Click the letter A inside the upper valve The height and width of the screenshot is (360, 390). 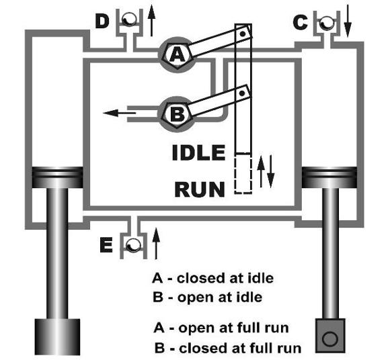tap(177, 55)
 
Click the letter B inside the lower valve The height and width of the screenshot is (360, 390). tap(177, 115)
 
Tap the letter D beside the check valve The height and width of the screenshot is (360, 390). tap(102, 21)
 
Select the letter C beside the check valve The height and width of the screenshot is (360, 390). tap(300, 22)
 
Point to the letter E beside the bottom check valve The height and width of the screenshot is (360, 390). tap(106, 244)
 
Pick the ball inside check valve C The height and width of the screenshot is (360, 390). tap(327, 23)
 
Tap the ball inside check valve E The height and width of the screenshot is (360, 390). tap(133, 245)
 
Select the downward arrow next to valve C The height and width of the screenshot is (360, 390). tap(348, 21)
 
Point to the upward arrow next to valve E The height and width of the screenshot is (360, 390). tap(156, 243)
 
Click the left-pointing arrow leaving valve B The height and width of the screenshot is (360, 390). tap(120, 113)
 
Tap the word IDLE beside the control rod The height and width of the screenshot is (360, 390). tap(198, 152)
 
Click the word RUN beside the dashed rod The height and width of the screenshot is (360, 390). tap(200, 189)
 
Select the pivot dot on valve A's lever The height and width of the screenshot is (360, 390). tap(243, 34)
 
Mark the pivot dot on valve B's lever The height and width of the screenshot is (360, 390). tap(242, 93)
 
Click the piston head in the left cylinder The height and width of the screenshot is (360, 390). tap(57, 177)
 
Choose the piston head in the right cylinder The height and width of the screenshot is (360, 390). tap(329, 177)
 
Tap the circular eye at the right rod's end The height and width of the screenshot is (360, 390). tap(329, 339)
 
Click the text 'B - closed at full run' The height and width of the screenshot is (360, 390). tap(227, 348)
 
